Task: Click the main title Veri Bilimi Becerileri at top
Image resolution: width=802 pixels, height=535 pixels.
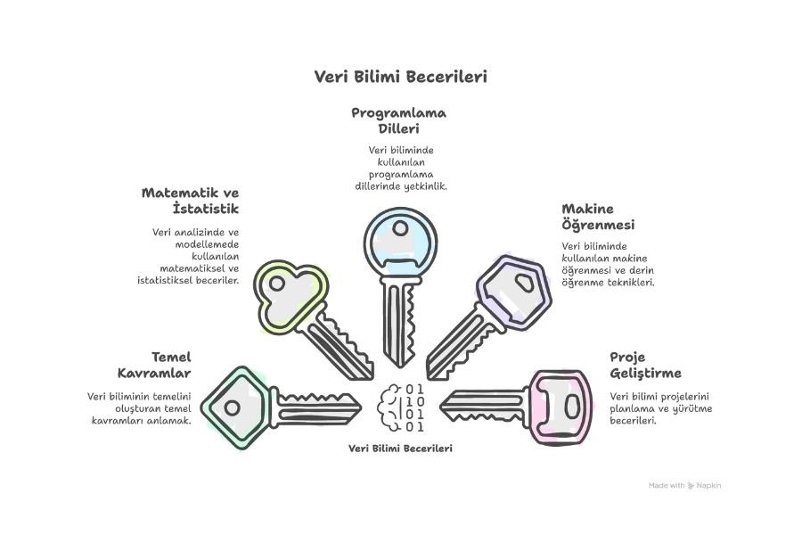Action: [400, 77]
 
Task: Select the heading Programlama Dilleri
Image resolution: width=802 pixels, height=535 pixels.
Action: [399, 120]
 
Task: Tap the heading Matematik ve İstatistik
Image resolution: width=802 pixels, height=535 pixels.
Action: [191, 200]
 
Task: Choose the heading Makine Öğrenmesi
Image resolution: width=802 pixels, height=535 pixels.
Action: [598, 217]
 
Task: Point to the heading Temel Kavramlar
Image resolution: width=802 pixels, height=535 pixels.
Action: [154, 365]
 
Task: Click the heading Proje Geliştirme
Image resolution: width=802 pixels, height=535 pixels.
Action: [645, 365]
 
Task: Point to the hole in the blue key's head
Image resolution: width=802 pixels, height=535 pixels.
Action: [400, 228]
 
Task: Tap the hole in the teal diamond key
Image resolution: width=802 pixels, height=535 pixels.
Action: [233, 408]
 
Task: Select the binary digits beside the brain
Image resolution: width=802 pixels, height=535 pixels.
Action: [414, 407]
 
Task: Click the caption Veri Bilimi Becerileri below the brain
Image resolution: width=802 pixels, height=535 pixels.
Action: [400, 449]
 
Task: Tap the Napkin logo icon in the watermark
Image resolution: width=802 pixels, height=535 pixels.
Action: [691, 485]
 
